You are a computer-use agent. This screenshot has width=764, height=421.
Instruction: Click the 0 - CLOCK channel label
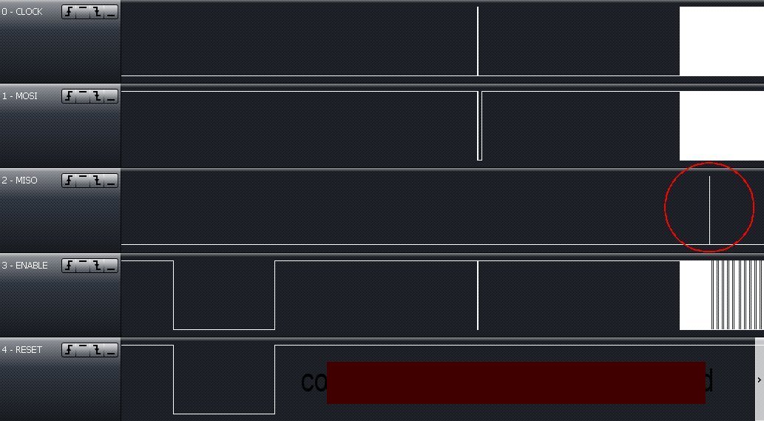tap(22, 12)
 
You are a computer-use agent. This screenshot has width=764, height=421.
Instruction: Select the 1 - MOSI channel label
tap(20, 96)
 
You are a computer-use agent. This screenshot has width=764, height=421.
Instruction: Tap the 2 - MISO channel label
tap(20, 181)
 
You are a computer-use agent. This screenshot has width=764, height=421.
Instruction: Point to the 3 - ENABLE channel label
tap(25, 266)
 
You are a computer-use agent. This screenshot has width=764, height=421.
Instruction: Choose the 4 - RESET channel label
tap(22, 350)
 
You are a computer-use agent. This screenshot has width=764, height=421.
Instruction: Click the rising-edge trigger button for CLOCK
tap(69, 12)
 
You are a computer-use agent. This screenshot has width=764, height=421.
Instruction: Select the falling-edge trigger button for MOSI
tap(97, 96)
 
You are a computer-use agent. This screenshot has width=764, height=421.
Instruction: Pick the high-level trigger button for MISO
tap(83, 181)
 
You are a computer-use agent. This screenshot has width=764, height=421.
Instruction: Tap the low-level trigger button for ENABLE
tap(111, 266)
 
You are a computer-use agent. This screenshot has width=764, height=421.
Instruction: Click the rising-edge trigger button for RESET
tap(69, 350)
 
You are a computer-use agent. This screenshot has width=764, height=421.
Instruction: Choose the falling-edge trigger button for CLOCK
tap(97, 12)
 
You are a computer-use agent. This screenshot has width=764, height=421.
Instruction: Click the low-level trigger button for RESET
tap(111, 350)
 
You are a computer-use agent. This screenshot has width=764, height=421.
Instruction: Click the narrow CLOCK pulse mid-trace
tap(478, 41)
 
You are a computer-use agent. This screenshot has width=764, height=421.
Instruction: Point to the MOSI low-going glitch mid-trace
tap(479, 126)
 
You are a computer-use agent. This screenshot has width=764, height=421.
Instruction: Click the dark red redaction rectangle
tap(515, 383)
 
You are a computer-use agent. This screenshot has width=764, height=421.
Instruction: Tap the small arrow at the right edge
tap(760, 380)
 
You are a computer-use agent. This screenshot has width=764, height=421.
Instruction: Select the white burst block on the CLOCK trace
tap(721, 41)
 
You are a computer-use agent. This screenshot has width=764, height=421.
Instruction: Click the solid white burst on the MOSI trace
tap(721, 126)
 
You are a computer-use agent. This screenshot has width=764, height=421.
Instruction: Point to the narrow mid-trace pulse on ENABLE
tap(478, 294)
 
